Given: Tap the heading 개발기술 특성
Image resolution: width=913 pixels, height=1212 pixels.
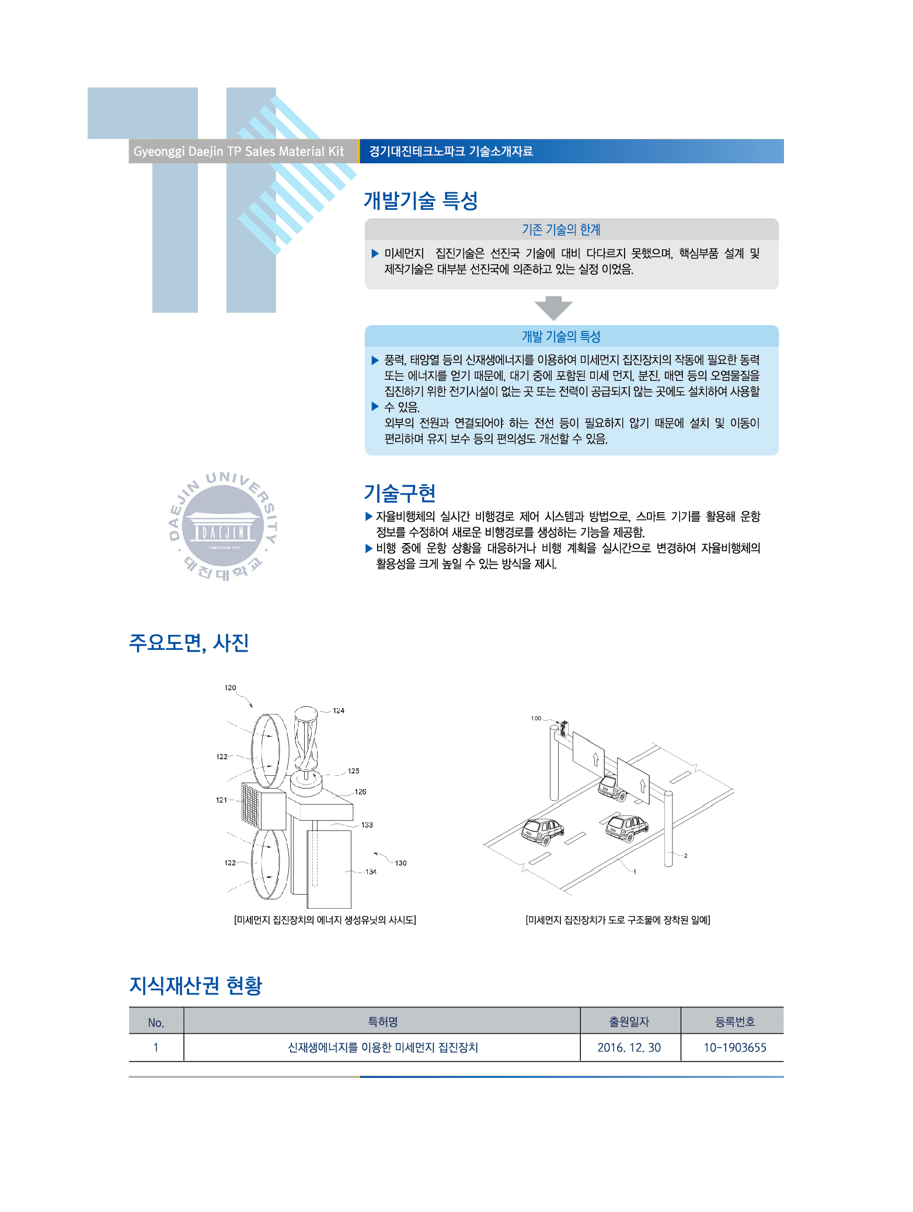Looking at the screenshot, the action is [x=421, y=200].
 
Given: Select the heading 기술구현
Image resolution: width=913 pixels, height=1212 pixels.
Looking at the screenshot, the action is [x=400, y=493].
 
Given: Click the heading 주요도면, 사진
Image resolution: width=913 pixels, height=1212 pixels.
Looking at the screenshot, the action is [x=189, y=643].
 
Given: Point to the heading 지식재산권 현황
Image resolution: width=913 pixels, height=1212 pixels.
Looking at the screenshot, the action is [x=196, y=985].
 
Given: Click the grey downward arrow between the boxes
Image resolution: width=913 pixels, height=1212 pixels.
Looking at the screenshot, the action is [x=553, y=308].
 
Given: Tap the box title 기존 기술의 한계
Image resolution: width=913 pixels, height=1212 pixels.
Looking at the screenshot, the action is [x=561, y=229].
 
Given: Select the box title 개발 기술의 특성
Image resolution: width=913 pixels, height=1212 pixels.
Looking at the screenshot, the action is [x=561, y=336].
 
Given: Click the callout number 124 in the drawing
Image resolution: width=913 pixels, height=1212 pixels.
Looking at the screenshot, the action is [x=339, y=710].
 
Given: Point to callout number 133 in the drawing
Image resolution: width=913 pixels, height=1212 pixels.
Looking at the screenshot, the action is [x=367, y=825].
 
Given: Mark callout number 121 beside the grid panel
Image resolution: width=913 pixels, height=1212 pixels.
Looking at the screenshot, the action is [x=221, y=800].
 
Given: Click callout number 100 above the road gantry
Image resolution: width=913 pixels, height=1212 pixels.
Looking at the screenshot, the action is [x=536, y=718].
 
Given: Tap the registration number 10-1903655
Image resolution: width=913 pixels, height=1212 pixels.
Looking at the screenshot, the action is [x=735, y=1048].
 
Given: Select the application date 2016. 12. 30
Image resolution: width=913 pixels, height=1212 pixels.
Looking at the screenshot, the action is [x=629, y=1048].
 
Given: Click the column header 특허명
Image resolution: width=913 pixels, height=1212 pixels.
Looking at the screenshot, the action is [x=383, y=1022].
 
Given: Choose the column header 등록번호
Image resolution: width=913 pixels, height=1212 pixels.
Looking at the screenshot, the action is [x=735, y=1022].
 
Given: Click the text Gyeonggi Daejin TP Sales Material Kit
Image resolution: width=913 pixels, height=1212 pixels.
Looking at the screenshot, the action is [x=239, y=151].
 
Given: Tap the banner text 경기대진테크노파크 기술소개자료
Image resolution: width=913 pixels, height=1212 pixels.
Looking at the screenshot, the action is [x=451, y=151].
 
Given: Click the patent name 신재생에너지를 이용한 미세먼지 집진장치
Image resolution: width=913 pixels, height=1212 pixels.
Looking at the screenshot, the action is [x=383, y=1048].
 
